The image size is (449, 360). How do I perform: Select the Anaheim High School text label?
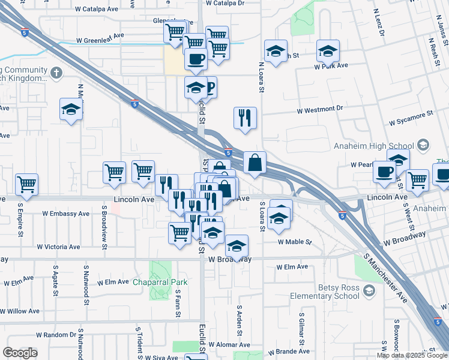click(374, 146)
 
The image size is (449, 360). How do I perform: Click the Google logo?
click(20, 353)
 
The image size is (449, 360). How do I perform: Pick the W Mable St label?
click(295, 242)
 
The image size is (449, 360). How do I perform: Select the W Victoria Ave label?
click(58, 247)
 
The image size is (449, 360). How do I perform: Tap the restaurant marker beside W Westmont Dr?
click(245, 118)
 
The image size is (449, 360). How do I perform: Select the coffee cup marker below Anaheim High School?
click(384, 172)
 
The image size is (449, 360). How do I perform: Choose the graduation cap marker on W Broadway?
click(237, 246)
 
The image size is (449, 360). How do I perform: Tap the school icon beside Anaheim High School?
click(423, 145)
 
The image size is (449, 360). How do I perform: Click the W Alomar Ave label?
click(229, 345)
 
